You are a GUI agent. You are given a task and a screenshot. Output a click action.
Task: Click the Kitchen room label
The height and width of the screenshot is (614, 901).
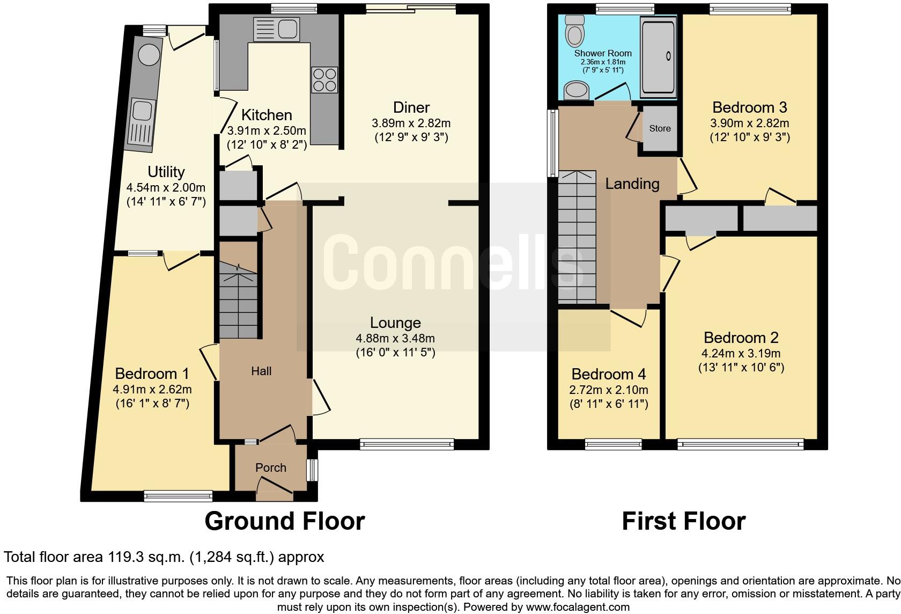pos(267,115)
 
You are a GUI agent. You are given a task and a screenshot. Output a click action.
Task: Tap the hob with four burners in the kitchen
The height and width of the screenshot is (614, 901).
pos(324,79)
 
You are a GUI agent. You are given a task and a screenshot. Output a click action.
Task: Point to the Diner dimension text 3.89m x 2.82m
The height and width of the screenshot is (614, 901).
pos(411,123)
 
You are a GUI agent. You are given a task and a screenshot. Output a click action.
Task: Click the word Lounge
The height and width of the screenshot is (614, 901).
pos(395,323)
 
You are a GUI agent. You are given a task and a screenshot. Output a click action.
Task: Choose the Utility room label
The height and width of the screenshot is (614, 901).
pos(166,172)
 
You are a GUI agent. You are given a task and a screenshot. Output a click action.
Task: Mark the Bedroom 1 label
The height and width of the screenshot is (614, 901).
pos(152,374)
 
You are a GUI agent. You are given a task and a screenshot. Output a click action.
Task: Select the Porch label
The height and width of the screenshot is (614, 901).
pos(271,467)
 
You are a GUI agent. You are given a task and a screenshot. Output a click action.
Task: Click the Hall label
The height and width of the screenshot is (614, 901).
pos(261,371)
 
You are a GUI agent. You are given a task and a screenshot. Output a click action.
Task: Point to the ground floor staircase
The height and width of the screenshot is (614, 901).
pos(239,301)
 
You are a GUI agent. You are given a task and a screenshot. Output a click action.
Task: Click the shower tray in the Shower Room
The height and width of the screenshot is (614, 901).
pos(659,56)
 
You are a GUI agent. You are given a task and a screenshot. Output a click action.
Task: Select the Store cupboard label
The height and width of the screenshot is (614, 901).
pos(660,128)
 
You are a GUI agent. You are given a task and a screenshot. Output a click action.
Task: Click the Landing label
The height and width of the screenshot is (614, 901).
pos(632,184)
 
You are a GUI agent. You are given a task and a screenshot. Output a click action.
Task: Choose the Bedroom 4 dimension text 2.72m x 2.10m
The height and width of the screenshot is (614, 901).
pos(609,390)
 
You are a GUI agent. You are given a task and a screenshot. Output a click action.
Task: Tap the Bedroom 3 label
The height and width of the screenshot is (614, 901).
pos(749,107)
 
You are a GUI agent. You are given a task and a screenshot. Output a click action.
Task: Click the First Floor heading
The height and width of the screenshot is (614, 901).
pos(683,521)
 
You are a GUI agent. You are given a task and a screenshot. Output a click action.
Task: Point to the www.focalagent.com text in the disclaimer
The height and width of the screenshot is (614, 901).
pos(577,607)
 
